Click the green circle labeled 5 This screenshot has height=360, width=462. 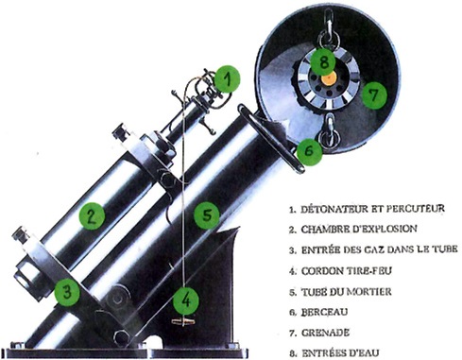(x=207, y=215)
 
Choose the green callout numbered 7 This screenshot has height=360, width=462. (x=375, y=94)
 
